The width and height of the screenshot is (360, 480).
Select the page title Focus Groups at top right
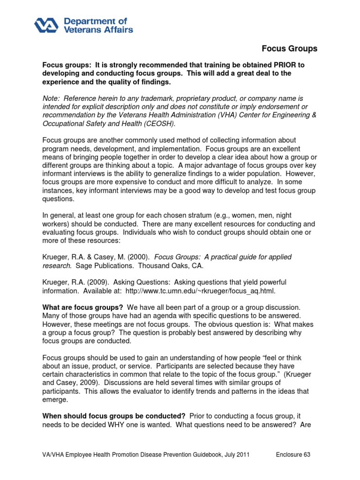point(289,49)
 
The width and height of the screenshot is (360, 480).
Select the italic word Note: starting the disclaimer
point(52,98)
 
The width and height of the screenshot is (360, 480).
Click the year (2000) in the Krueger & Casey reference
point(138,257)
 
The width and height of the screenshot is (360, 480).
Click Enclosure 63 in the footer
point(292,455)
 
